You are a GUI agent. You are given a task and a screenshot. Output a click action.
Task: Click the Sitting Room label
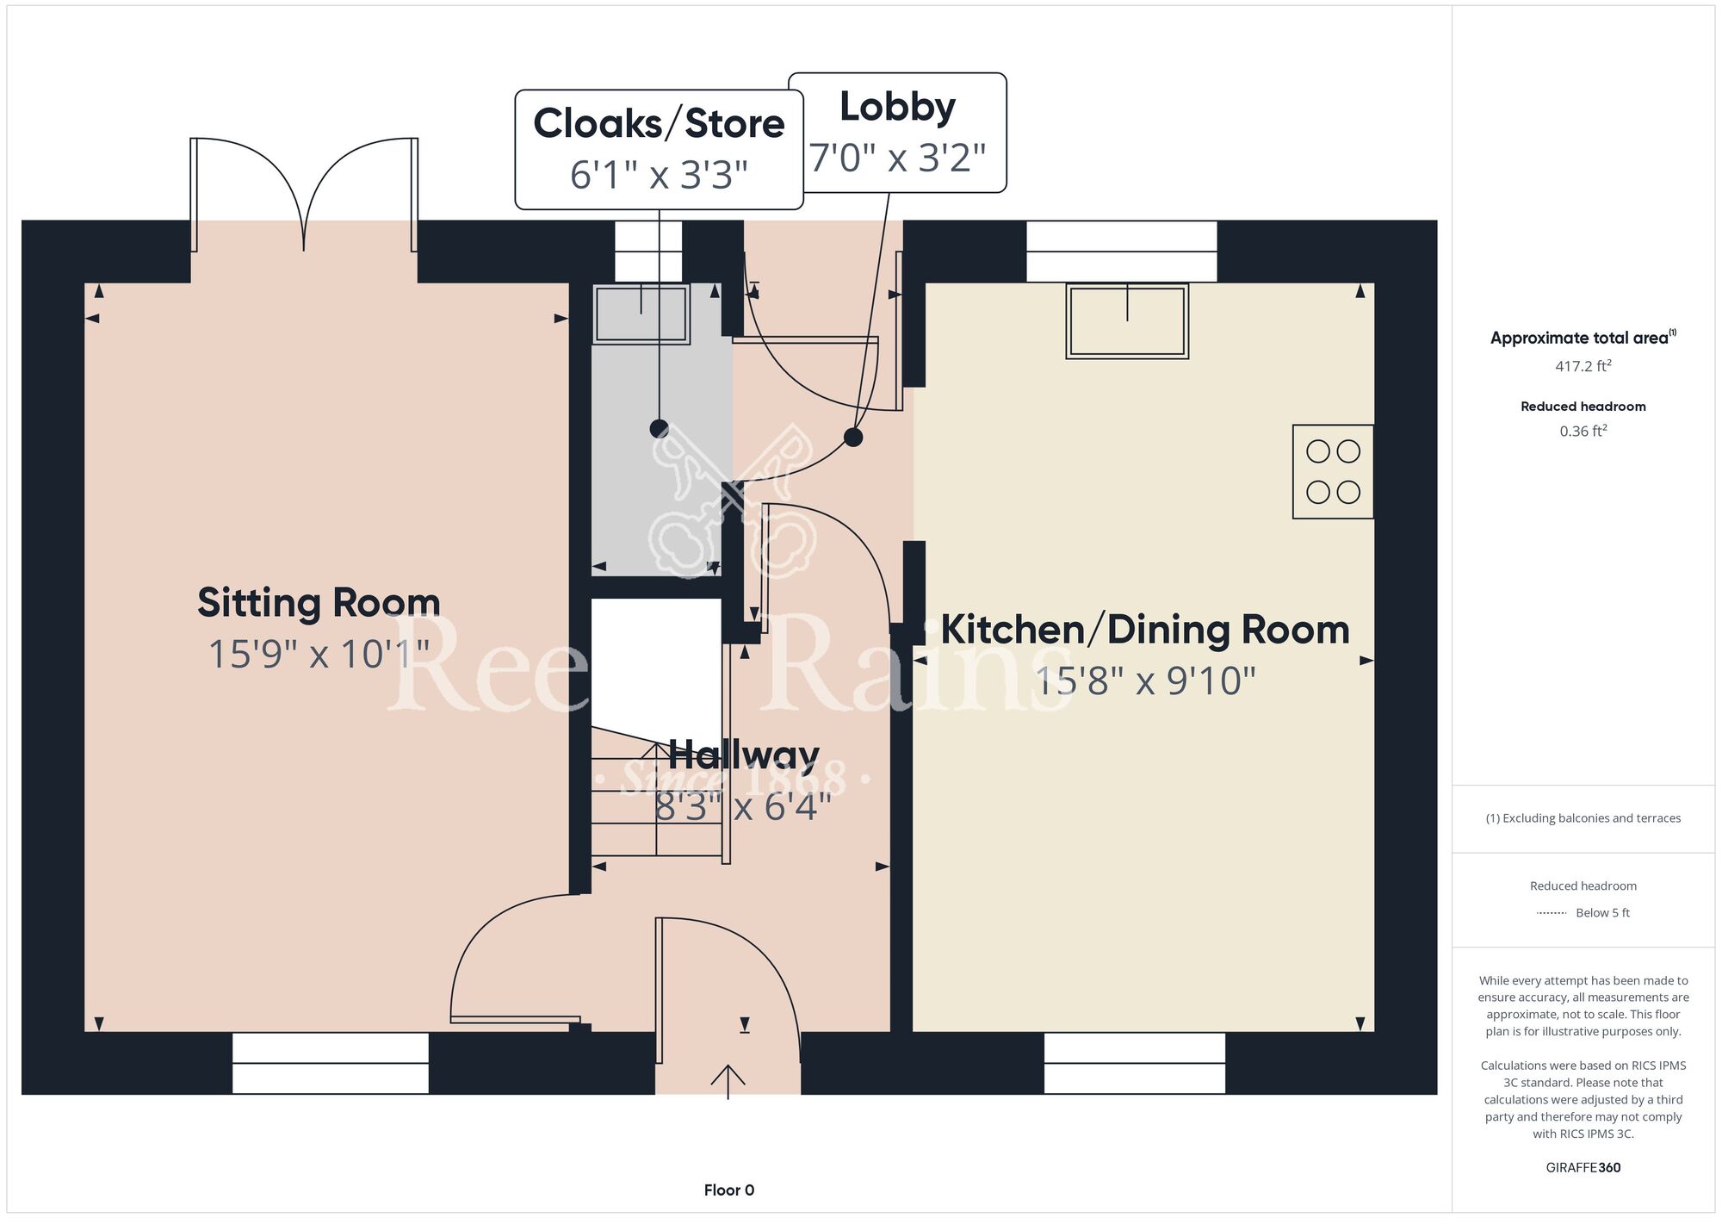click(319, 602)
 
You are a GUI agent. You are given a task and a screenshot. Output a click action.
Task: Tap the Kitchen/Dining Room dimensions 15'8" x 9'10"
click(1145, 680)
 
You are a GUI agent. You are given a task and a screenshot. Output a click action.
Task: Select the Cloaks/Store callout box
click(659, 149)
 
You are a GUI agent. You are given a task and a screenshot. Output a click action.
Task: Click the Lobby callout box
click(897, 133)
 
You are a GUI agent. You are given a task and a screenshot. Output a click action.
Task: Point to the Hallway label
click(744, 755)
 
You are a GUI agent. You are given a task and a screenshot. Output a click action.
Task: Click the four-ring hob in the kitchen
click(1333, 471)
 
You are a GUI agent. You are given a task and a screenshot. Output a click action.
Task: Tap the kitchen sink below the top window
click(1127, 320)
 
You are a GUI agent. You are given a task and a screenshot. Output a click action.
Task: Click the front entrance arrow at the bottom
click(728, 1082)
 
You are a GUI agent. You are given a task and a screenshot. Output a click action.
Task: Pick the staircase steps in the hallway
click(656, 792)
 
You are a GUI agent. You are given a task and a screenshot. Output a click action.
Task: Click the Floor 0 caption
click(729, 1190)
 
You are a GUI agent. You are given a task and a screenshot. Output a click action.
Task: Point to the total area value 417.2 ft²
click(1583, 365)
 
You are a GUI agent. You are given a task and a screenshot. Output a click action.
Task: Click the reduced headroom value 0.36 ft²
click(1583, 431)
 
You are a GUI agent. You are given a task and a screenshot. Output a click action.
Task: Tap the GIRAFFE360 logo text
click(1583, 1168)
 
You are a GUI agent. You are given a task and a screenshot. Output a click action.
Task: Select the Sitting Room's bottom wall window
click(331, 1063)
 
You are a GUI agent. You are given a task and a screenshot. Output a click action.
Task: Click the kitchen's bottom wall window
click(1135, 1063)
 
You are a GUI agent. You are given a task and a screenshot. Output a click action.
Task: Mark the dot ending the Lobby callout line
click(853, 437)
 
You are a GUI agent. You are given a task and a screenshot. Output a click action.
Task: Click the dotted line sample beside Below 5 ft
click(1552, 913)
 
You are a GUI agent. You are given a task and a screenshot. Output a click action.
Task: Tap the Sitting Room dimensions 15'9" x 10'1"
click(319, 654)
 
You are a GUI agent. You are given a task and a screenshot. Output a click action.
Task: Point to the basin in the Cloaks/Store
click(641, 314)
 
